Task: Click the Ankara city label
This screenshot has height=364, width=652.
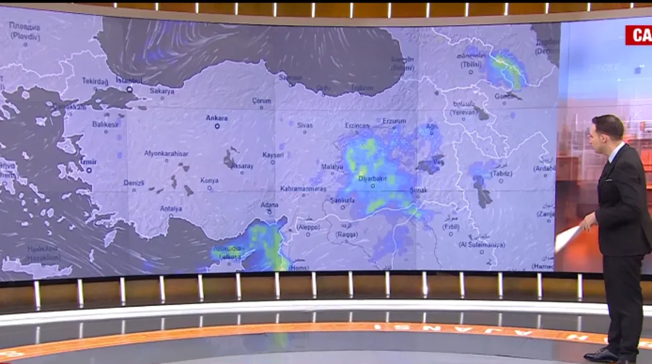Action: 217,118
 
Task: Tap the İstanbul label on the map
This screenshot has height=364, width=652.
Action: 128,80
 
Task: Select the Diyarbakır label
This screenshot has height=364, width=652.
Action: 374,179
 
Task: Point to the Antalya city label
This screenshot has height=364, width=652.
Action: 171,208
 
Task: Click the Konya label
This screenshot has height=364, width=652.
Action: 209,180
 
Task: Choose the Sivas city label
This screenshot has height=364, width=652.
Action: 305,125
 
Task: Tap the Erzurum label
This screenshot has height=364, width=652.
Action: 394,121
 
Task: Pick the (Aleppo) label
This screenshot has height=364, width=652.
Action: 307,227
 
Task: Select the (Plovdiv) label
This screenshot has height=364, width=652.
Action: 26,37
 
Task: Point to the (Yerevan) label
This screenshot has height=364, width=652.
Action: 464,111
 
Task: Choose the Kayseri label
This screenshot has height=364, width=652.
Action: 273,155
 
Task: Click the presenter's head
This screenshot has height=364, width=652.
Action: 607,129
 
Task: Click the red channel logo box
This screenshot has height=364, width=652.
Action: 638,35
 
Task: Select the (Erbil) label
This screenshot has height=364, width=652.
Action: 450,227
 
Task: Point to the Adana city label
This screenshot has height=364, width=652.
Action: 270,204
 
